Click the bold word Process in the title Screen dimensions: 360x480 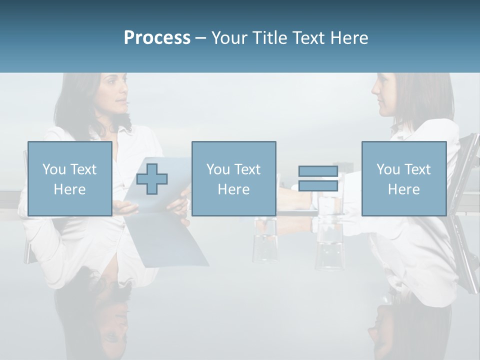[157, 38]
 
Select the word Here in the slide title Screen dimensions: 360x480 [349, 38]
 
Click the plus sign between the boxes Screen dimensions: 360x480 [152, 179]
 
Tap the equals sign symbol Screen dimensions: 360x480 [318, 179]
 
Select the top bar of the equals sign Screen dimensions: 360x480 [318, 171]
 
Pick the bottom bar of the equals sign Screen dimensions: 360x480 [318, 186]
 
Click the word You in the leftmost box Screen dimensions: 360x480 [53, 169]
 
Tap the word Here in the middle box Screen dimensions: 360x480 [233, 189]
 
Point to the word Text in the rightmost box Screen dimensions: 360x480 [417, 169]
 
